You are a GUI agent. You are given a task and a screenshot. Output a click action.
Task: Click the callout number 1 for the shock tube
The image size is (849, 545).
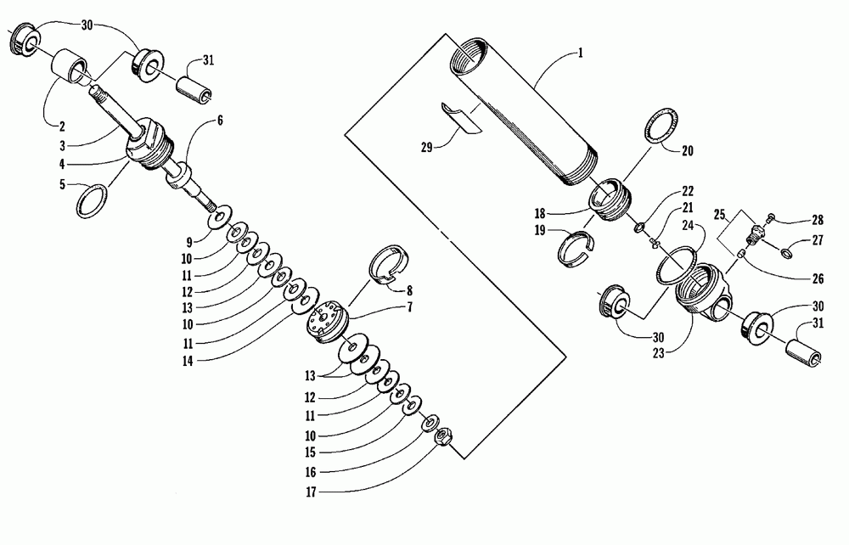pyautogui.click(x=580, y=53)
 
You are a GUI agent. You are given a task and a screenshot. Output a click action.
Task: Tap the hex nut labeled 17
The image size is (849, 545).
pyautogui.click(x=441, y=438)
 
